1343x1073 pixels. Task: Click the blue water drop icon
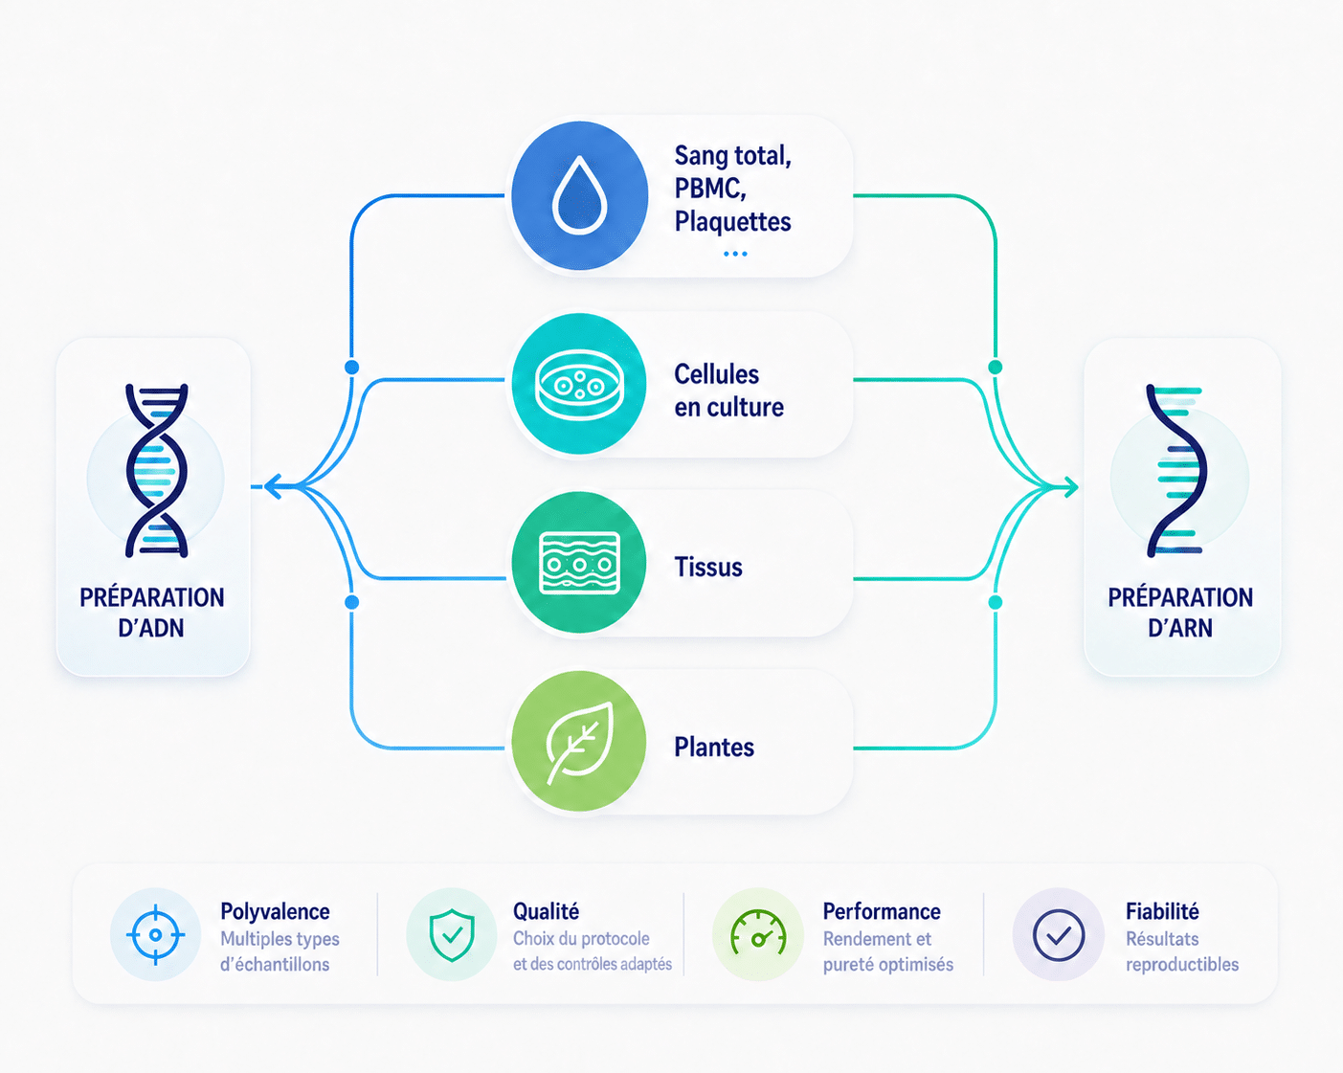pyautogui.click(x=580, y=195)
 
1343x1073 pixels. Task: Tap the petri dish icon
pyautogui.click(x=579, y=385)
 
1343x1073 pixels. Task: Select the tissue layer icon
pyautogui.click(x=579, y=563)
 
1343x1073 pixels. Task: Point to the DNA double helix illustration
pyautogui.click(x=156, y=471)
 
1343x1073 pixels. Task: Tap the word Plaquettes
pyautogui.click(x=732, y=222)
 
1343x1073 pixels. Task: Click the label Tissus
pyautogui.click(x=708, y=567)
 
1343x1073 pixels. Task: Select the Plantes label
pyautogui.click(x=714, y=748)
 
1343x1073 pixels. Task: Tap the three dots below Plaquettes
pyautogui.click(x=735, y=254)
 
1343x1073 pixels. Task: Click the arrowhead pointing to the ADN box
pyautogui.click(x=274, y=486)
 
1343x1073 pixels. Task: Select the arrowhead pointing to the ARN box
pyautogui.click(x=1069, y=487)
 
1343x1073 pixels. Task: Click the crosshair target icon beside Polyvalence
pyautogui.click(x=155, y=934)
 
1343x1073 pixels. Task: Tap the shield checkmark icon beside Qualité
pyautogui.click(x=452, y=934)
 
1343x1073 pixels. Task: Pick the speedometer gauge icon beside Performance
pyautogui.click(x=758, y=932)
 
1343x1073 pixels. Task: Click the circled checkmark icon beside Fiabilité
pyautogui.click(x=1059, y=935)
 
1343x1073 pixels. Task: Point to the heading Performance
pyautogui.click(x=882, y=911)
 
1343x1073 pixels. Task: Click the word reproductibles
pyautogui.click(x=1182, y=965)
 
